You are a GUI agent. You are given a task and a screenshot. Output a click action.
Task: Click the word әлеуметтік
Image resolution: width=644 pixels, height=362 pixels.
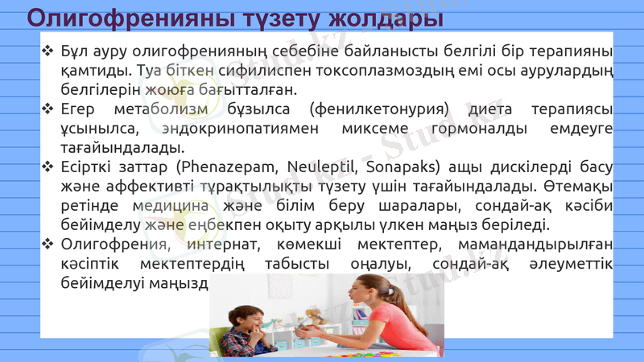tap(572, 264)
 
